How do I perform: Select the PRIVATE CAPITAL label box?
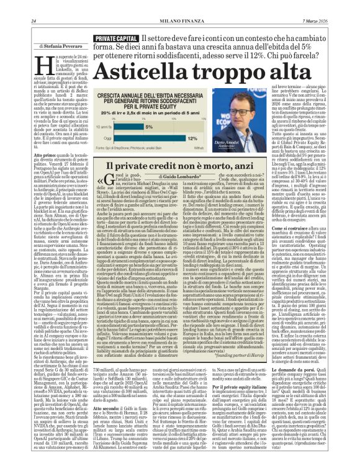[116, 38]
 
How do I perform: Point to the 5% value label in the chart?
[150, 126]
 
